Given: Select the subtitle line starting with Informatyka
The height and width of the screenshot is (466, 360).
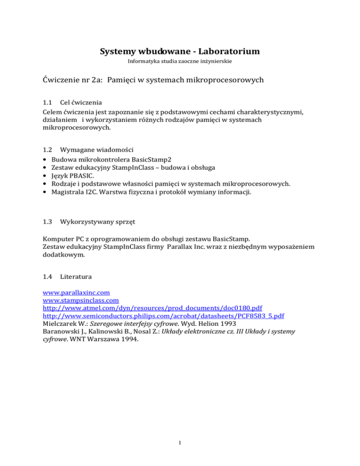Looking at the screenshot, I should coord(180,61).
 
